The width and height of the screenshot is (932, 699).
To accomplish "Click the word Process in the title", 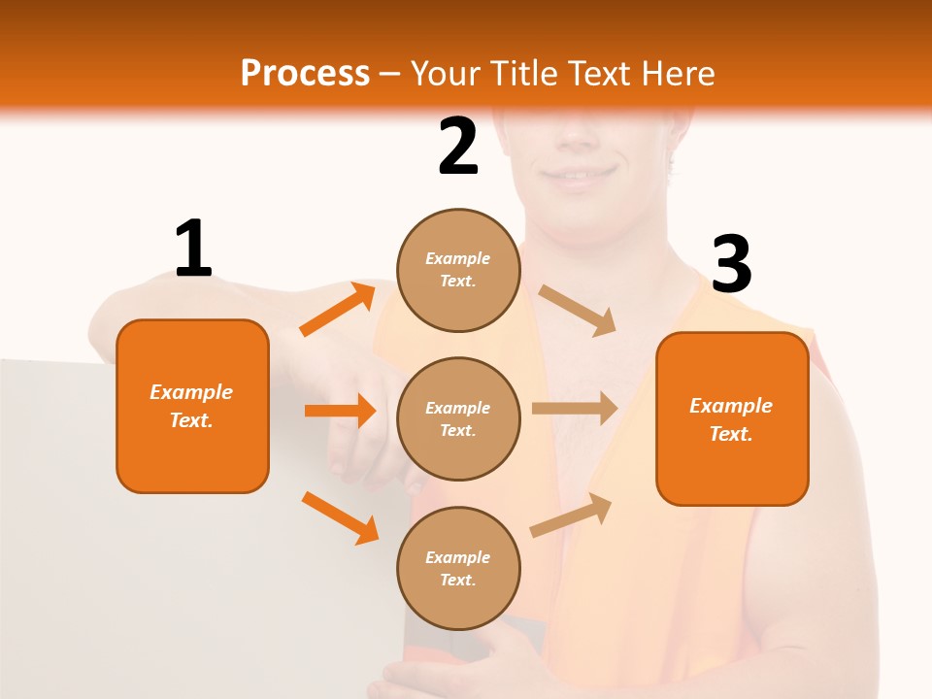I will pos(305,73).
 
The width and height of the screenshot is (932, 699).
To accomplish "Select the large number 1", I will pos(193,249).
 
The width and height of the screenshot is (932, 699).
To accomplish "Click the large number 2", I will pos(458,147).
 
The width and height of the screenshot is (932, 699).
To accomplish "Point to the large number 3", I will pos(731,264).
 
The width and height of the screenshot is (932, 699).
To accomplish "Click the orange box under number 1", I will pos(192,406).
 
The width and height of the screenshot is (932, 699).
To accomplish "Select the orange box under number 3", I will pos(732,418).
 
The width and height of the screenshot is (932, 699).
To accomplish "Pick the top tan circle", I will pos(458,270).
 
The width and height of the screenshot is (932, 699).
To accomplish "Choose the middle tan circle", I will pos(458,418).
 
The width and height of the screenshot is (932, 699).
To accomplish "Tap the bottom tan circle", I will pos(458,568).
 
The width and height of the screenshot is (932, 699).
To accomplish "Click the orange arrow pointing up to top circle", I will pos(338,310).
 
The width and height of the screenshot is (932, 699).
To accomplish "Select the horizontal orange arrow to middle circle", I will pos(340,411).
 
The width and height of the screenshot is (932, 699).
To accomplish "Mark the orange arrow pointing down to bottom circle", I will pos(340,517).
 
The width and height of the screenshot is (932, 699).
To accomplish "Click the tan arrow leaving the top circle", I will pos(577,311).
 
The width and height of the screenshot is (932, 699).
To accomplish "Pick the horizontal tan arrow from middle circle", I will pos(574,408).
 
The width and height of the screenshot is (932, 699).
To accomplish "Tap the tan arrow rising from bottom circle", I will pos(570,515).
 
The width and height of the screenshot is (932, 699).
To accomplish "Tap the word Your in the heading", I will pos(447,73).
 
